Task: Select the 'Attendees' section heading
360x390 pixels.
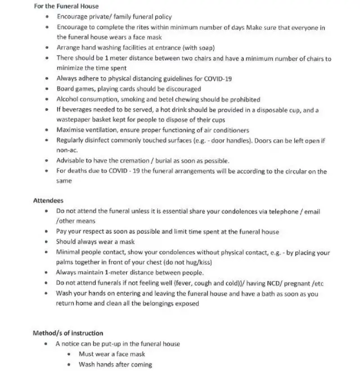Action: tap(48, 201)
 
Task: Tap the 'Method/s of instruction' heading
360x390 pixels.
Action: tap(68, 333)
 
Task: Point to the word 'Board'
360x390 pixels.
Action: tap(65, 89)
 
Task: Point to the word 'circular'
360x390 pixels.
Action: tap(279, 171)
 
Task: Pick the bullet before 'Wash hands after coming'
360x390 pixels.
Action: tap(69, 365)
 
